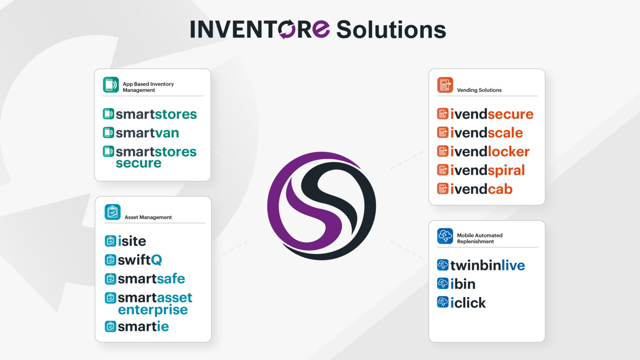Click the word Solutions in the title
point(391,30)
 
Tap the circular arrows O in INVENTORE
point(287,29)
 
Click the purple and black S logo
point(321,206)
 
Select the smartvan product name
point(147,133)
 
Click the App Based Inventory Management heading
point(148,87)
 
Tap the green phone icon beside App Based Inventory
point(111,85)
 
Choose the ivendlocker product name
point(490,151)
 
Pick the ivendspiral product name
point(487,171)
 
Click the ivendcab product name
point(481,189)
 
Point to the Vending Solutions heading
point(479,90)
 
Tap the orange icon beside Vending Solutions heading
point(445,85)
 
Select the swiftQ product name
point(140,260)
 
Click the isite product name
point(132,241)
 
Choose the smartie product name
point(143,327)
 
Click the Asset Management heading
point(148,217)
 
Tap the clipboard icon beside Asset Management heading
point(112,212)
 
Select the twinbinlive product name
point(487,265)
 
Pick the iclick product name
point(468,303)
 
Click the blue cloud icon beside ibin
point(442,283)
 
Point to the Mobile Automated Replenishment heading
point(480,238)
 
